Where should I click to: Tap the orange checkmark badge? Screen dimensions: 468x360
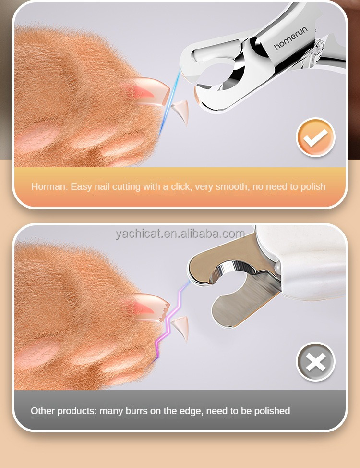coord(315,137)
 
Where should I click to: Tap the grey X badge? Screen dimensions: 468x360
coord(315,362)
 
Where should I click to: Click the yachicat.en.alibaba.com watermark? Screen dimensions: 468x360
coord(180,234)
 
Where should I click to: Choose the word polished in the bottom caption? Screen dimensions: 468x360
coord(272,411)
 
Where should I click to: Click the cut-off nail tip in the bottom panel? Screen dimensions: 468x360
coord(181,329)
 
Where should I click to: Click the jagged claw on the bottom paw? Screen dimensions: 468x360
coord(151,307)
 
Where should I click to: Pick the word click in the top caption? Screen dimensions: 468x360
coord(180,186)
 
